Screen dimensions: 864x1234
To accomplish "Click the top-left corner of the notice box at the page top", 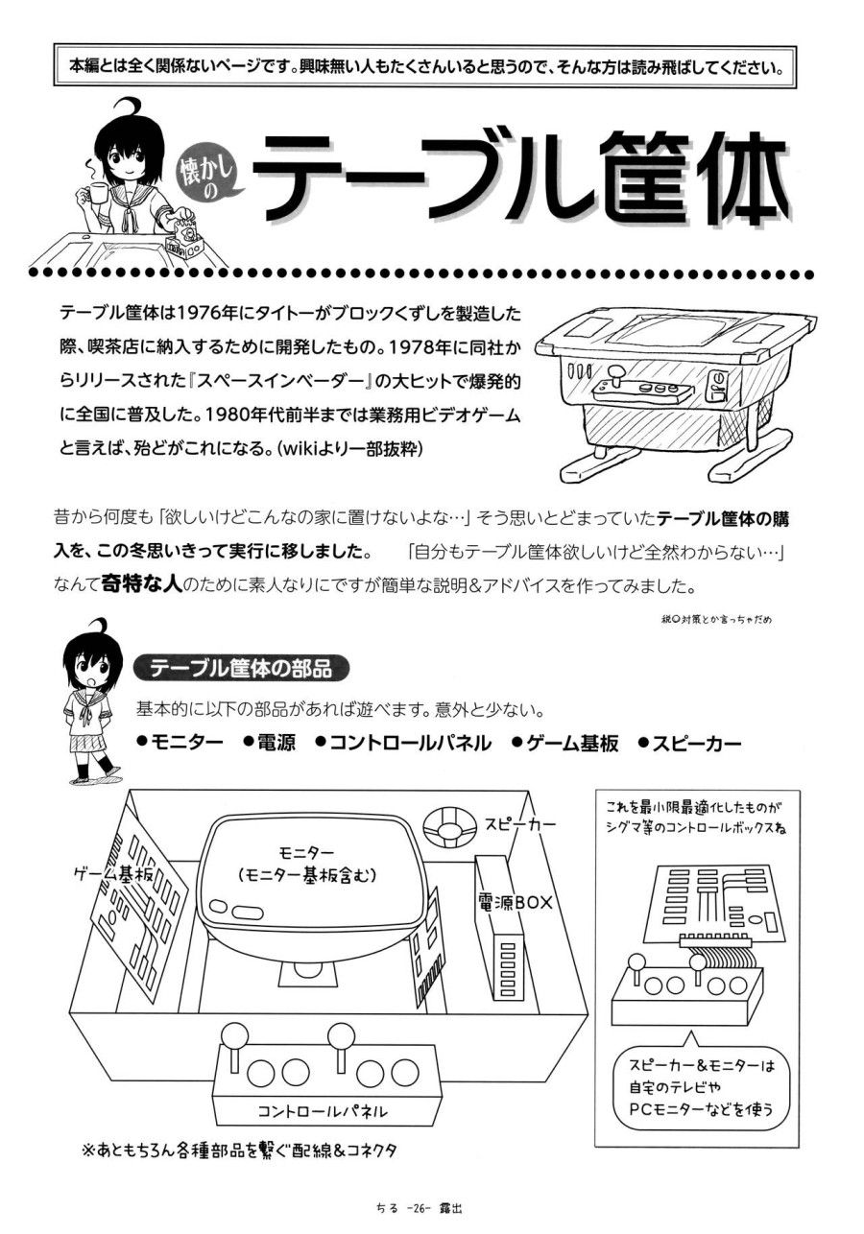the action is point(54,43).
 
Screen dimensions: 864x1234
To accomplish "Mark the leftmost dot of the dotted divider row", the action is point(35,273).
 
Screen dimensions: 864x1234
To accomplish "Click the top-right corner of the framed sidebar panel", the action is point(800,792).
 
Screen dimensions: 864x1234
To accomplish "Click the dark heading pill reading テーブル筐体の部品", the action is point(241,669).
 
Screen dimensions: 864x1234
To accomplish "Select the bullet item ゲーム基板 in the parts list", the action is point(565,744).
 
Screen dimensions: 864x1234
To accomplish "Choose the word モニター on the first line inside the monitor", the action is point(306,853).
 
